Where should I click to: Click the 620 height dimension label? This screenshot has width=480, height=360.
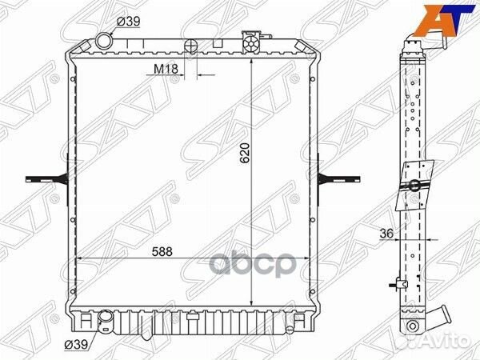pos(246,153)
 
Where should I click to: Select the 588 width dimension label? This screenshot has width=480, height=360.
pos(162,252)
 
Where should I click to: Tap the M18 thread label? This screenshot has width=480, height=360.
pos(166,69)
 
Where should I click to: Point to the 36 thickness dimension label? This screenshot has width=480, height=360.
pos(386,234)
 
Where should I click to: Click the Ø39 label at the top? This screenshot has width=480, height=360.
pos(129,22)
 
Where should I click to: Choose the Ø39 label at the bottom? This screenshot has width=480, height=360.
pos(76,344)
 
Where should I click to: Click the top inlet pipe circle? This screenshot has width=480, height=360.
pos(104,41)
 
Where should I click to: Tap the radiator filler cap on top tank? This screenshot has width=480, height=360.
pos(250,43)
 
